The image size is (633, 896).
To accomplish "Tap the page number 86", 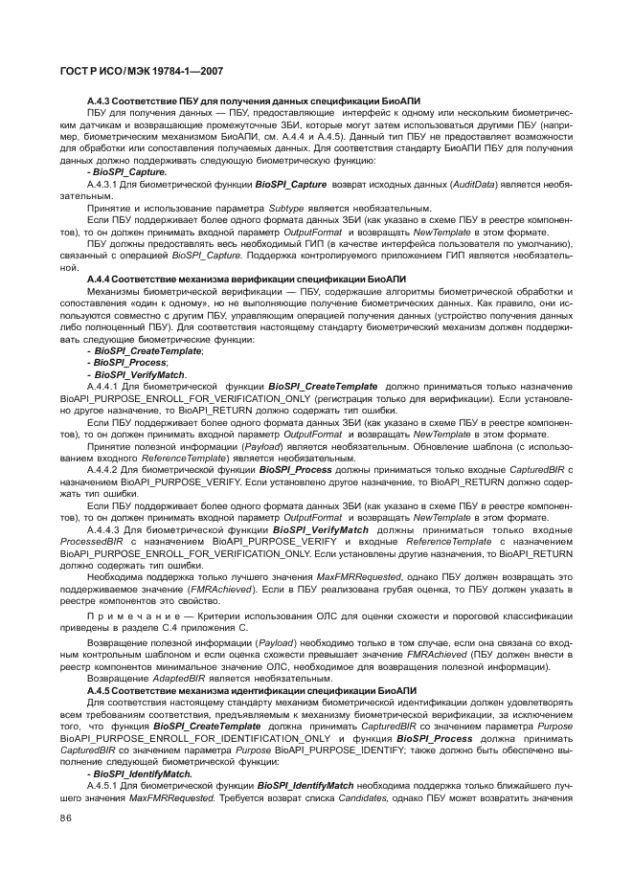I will pyautogui.click(x=66, y=818).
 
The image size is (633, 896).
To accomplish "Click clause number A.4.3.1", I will pyautogui.click(x=106, y=183).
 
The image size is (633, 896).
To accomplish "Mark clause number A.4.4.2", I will pyautogui.click(x=106, y=470).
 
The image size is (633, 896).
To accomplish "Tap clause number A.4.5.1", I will pyautogui.click(x=106, y=784).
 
